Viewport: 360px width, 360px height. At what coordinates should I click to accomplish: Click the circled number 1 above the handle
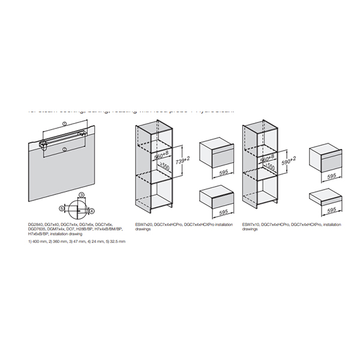click(64, 124)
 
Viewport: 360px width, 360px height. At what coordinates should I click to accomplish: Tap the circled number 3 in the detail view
click(82, 195)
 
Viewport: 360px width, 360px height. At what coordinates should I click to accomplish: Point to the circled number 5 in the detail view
click(62, 208)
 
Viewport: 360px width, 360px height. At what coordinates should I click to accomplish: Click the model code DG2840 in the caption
click(36, 224)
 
